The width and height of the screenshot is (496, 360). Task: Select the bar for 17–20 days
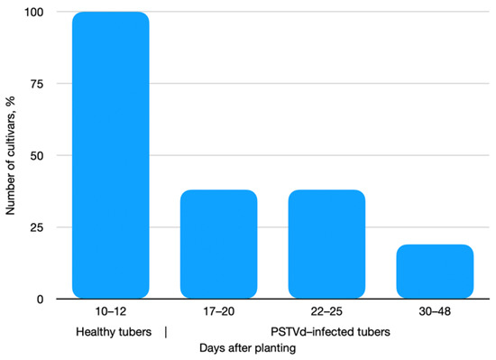pyautogui.click(x=219, y=244)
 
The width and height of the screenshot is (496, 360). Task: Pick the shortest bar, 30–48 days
pyautogui.click(x=436, y=271)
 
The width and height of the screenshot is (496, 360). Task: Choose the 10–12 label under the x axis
pyautogui.click(x=110, y=311)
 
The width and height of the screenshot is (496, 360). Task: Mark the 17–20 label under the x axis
pyautogui.click(x=219, y=311)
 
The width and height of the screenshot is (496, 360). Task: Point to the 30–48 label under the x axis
pyautogui.click(x=436, y=311)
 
